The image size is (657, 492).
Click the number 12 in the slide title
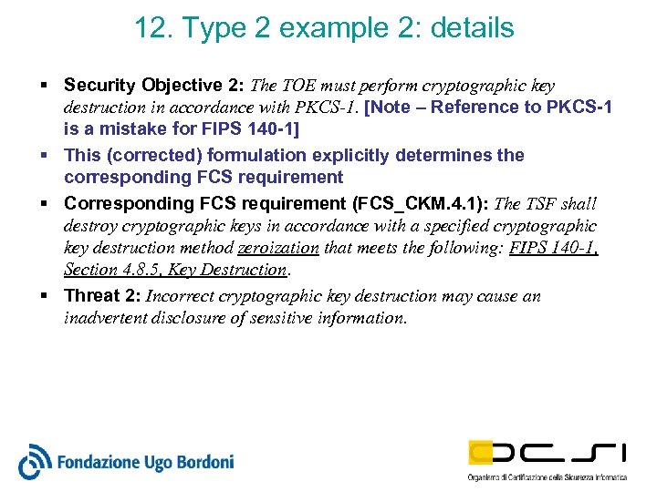pyautogui.click(x=150, y=28)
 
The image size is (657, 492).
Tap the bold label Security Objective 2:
pyautogui.click(x=155, y=86)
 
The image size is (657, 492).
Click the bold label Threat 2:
pyautogui.click(x=102, y=295)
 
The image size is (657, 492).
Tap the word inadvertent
pyautogui.click(x=109, y=318)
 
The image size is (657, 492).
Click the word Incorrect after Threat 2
pyautogui.click(x=179, y=295)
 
